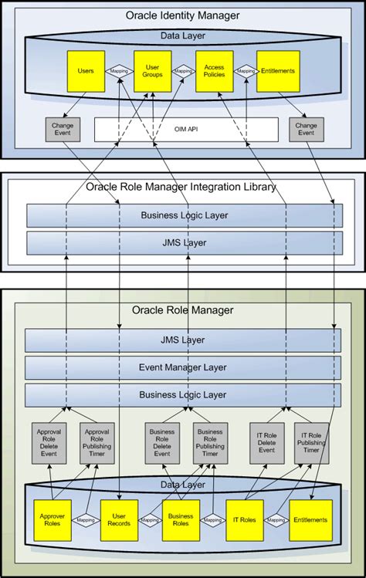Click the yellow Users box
tap(86, 71)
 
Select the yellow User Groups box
tap(152, 71)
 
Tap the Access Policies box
tap(214, 71)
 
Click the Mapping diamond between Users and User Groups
tap(119, 71)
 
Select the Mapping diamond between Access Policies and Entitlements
tap(246, 71)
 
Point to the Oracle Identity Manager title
tap(182, 16)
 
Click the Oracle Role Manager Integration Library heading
tap(181, 187)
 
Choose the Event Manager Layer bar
tap(183, 367)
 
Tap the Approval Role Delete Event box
tap(51, 443)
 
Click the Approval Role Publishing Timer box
tap(97, 443)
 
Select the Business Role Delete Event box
tap(162, 443)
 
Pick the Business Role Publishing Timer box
tap(209, 443)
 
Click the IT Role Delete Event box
tap(266, 443)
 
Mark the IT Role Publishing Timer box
tap(312, 443)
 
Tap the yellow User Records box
tap(119, 519)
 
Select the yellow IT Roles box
tap(244, 519)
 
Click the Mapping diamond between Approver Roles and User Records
tap(86, 520)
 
